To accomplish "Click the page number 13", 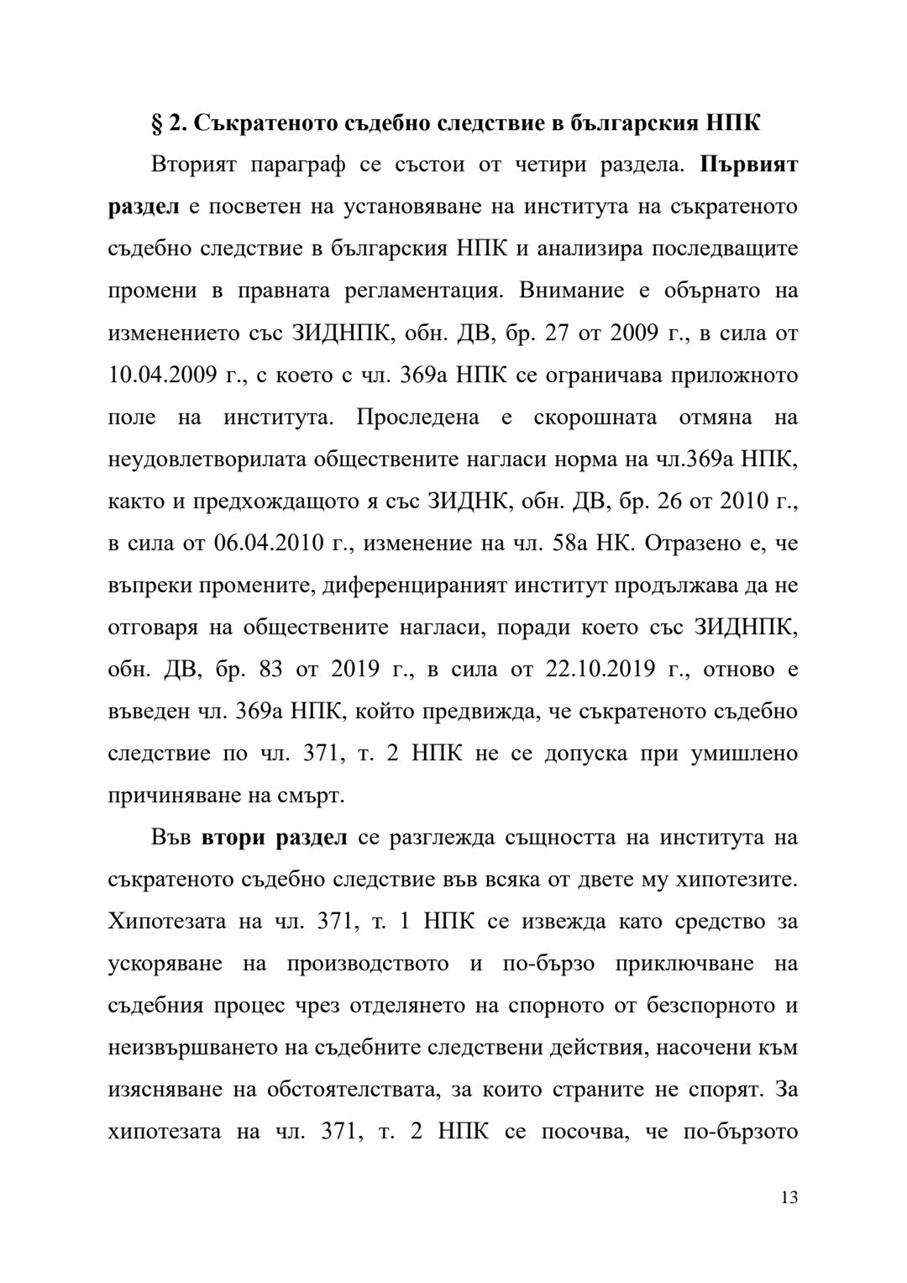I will [789, 1197].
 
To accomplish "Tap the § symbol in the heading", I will [155, 124].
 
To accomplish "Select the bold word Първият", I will [749, 165].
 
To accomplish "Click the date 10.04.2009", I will [165, 375].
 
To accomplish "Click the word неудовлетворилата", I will [208, 459].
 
